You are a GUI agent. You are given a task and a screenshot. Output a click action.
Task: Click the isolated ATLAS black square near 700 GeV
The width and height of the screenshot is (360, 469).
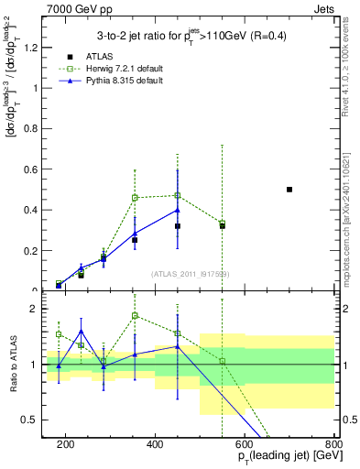pyautogui.click(x=289, y=190)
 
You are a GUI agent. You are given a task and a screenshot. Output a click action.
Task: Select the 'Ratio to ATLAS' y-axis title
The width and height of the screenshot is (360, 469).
pyautogui.click(x=13, y=365)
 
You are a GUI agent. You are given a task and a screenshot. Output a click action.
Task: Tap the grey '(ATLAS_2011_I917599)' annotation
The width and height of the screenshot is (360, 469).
pyautogui.click(x=189, y=275)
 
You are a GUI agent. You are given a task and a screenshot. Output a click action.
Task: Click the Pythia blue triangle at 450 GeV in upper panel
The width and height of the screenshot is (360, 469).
pyautogui.click(x=178, y=210)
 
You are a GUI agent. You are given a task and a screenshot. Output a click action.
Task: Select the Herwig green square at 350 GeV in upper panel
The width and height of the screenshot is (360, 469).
pyautogui.click(x=135, y=198)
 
